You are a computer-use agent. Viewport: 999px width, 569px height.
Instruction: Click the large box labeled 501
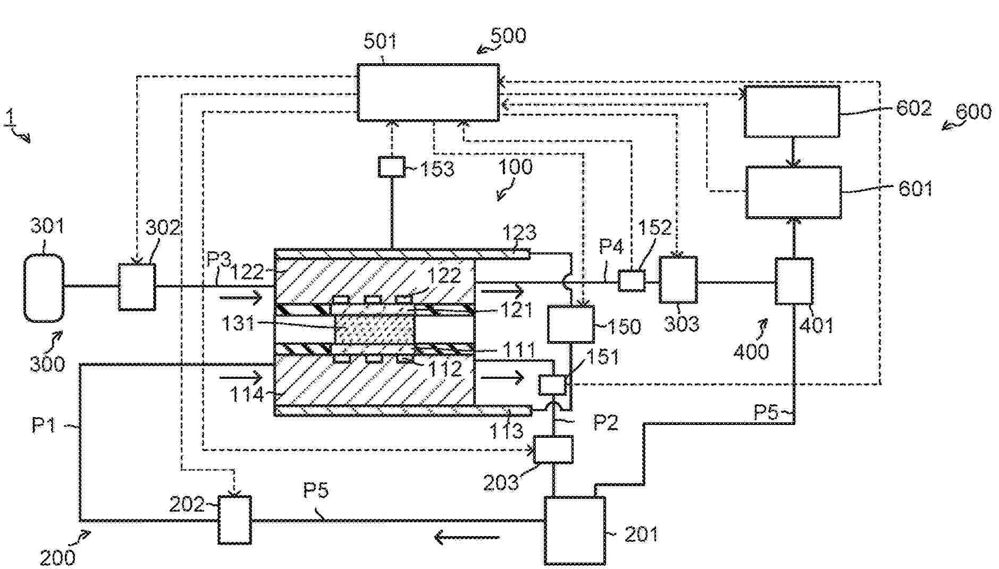click(428, 92)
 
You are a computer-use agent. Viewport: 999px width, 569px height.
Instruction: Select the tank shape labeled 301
click(44, 287)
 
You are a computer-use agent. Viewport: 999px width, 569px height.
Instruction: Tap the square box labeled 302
click(137, 287)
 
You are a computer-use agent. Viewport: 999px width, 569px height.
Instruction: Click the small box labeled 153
click(391, 167)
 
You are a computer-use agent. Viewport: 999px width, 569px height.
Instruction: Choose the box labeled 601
click(793, 192)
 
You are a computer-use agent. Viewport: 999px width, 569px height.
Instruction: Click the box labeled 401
click(794, 281)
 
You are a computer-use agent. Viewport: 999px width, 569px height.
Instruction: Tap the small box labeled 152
click(632, 281)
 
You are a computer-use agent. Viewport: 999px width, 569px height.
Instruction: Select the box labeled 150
click(571, 324)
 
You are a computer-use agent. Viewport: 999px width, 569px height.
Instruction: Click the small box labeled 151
click(552, 385)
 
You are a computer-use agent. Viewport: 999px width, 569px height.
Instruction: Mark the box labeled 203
click(553, 449)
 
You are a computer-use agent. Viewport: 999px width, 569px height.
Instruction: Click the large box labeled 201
click(575, 530)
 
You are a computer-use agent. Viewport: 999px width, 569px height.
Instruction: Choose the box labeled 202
click(234, 520)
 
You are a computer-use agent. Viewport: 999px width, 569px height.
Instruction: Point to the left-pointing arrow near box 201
click(467, 538)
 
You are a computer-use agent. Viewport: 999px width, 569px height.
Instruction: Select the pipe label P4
click(611, 247)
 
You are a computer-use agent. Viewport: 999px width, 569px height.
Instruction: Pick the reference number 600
click(973, 112)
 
